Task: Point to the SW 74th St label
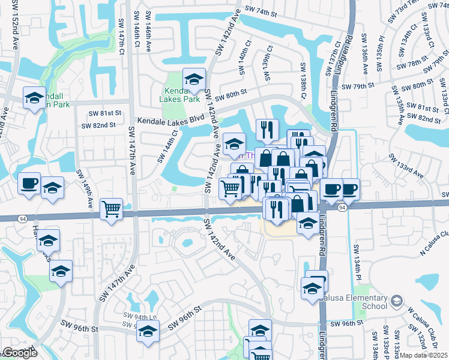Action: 262,10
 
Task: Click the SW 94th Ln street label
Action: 139,316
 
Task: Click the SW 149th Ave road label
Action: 84,185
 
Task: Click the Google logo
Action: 20,353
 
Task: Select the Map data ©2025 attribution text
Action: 424,355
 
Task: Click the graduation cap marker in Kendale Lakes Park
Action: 194,79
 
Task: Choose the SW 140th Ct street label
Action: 243,62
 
